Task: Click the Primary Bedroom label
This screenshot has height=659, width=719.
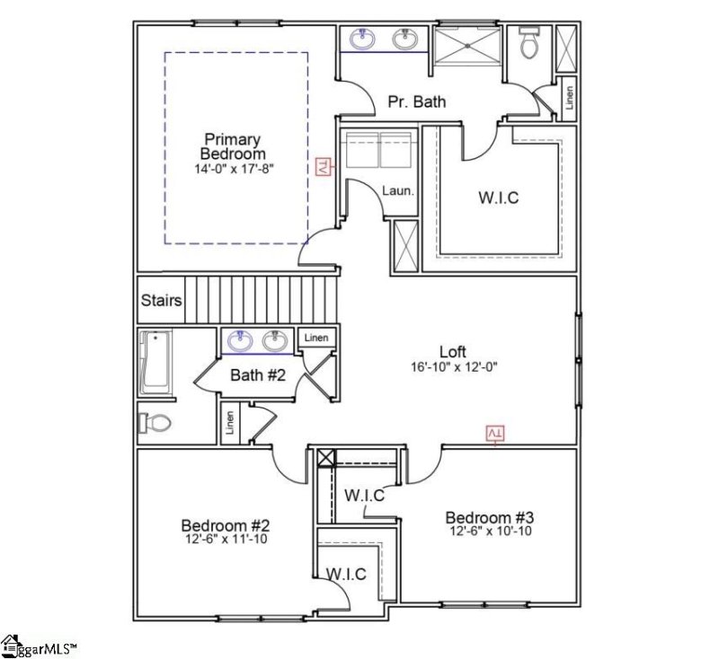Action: [232, 146]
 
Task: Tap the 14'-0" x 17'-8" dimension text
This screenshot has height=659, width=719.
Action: [232, 169]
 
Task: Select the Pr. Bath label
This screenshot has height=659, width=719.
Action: [416, 101]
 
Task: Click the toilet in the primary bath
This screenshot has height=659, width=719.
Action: [528, 43]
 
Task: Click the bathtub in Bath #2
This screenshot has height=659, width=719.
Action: [155, 363]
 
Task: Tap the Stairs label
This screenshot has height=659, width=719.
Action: [162, 301]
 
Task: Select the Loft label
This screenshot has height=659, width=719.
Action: [455, 351]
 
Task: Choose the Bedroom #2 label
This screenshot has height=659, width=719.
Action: [226, 525]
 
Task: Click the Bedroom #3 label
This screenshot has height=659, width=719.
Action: [491, 518]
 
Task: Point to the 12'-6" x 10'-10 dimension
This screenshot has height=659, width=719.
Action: [491, 532]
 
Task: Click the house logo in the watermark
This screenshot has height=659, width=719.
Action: [11, 646]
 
